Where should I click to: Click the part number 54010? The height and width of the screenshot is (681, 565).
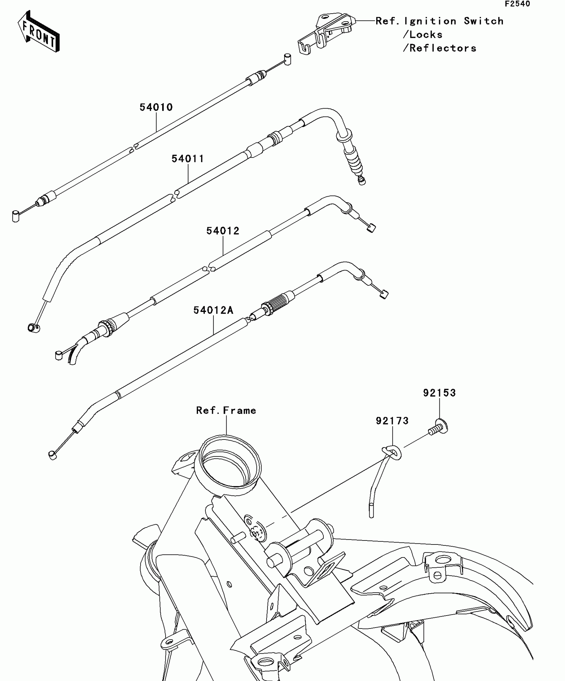pos(156,107)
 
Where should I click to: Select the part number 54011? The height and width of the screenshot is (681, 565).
pos(188,159)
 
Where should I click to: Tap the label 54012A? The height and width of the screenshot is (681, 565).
pos(213,310)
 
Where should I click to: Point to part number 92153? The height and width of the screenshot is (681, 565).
pos(439,393)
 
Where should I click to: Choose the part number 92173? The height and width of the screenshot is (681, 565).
pos(392,421)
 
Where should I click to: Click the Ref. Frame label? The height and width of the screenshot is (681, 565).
pos(226,411)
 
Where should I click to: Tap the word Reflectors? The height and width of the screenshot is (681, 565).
pos(443,48)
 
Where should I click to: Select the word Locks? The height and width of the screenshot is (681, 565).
pos(426,35)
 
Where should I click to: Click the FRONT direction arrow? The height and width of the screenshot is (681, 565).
pos(39,32)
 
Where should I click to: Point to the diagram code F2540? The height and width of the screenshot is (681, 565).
pos(517,4)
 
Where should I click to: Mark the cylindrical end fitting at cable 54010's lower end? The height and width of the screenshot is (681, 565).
pos(16,216)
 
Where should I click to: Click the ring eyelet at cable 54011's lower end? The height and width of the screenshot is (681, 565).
pos(34,328)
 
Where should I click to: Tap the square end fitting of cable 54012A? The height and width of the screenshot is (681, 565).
pos(384,294)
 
